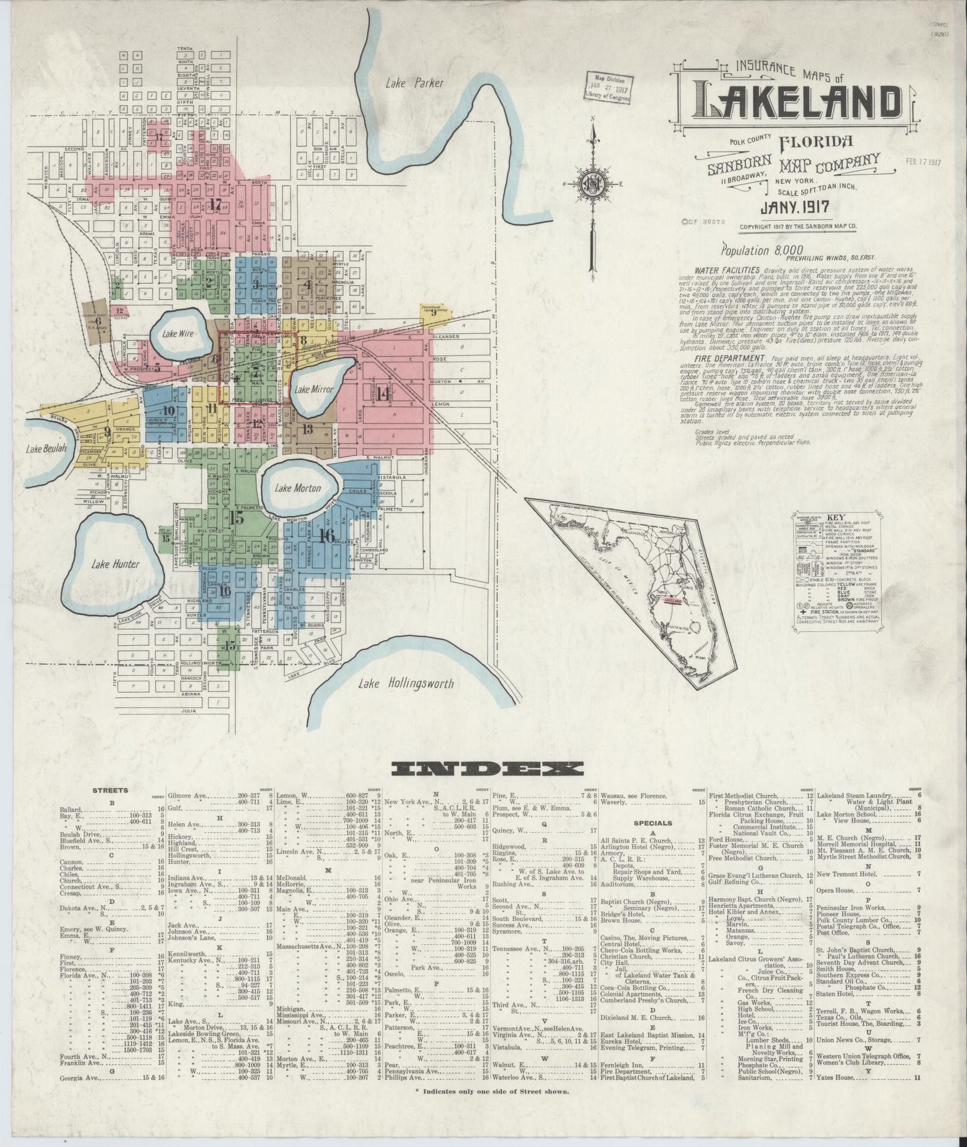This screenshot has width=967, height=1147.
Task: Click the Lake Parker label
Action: coord(414,84)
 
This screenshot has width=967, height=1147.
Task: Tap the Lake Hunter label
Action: coord(116,564)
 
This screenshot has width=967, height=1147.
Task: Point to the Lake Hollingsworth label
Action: coord(406,683)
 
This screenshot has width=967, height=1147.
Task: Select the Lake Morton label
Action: coord(297,488)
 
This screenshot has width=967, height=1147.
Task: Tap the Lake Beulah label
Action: coord(46,449)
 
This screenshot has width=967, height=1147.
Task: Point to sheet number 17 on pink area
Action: coord(215,204)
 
